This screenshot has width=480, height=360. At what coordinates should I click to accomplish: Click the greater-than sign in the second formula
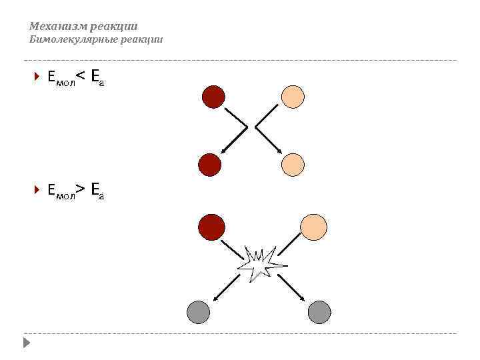click(79, 191)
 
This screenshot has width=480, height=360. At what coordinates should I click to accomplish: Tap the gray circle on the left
click(198, 311)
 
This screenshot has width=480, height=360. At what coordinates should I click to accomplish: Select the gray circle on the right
click(319, 311)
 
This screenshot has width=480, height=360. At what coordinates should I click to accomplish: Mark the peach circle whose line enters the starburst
click(313, 227)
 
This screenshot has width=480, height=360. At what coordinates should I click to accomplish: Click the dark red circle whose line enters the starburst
click(211, 227)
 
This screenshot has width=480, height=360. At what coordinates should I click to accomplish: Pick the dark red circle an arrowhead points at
click(210, 164)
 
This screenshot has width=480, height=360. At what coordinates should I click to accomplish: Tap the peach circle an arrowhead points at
click(293, 164)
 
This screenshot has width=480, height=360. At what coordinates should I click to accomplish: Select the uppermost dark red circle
click(213, 97)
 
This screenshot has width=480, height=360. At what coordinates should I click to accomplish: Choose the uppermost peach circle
click(293, 97)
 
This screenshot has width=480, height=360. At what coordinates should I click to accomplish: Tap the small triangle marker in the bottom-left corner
click(26, 343)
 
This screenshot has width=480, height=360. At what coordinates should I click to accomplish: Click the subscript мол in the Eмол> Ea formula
click(65, 197)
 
